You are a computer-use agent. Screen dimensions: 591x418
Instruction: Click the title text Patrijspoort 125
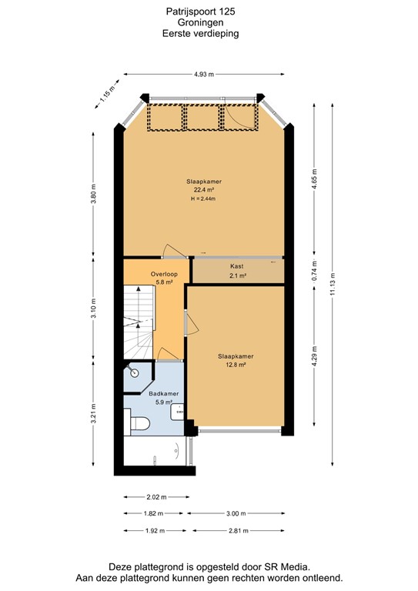coord(201,12)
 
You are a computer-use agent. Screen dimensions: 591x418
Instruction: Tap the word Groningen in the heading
coord(201,23)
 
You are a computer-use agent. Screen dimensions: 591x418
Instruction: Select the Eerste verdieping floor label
coord(201,34)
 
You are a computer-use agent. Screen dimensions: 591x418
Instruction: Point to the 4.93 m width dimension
coord(202,74)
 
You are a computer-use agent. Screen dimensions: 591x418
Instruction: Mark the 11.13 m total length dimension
coord(333,283)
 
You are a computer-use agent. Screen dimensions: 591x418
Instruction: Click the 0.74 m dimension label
coord(314,271)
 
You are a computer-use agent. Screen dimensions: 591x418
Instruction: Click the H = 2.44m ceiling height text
coord(204,199)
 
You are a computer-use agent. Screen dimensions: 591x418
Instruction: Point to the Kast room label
coord(237,266)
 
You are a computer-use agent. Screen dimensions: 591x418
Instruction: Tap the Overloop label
coord(165,274)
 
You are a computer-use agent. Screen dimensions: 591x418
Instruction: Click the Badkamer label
coord(164,393)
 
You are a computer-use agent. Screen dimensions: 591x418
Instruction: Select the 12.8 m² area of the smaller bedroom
coord(236,365)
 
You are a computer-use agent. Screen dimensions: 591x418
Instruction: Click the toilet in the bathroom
coord(139,422)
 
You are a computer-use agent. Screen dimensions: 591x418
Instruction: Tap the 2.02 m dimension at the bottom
coord(156,496)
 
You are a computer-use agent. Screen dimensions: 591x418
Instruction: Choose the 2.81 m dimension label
coord(238,530)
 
